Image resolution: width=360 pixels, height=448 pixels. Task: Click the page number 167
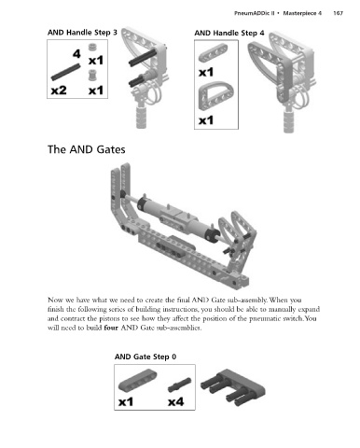[338, 13]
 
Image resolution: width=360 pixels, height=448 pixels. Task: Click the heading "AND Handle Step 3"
[82, 33]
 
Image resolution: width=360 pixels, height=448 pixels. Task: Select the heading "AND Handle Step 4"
[229, 33]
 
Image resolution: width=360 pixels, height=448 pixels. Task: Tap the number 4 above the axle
[76, 54]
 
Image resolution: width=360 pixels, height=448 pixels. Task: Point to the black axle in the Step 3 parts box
[65, 72]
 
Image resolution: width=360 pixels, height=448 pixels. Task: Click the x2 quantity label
[59, 91]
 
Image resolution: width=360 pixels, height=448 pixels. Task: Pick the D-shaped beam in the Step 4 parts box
[215, 95]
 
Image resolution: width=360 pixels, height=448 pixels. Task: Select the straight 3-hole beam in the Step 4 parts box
[213, 52]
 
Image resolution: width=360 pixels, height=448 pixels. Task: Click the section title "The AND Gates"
[87, 149]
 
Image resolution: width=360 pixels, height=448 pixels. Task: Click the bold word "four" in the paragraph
[111, 328]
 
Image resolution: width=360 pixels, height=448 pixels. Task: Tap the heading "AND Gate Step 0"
[145, 357]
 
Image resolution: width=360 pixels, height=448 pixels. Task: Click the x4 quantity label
[176, 401]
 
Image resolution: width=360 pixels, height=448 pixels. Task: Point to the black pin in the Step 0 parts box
[179, 385]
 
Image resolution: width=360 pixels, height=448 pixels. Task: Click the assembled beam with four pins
[233, 387]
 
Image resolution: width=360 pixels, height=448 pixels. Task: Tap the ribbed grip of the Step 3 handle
[142, 117]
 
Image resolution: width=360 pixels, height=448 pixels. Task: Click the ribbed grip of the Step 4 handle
[289, 120]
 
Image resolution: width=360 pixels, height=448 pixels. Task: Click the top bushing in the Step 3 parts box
[91, 47]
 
